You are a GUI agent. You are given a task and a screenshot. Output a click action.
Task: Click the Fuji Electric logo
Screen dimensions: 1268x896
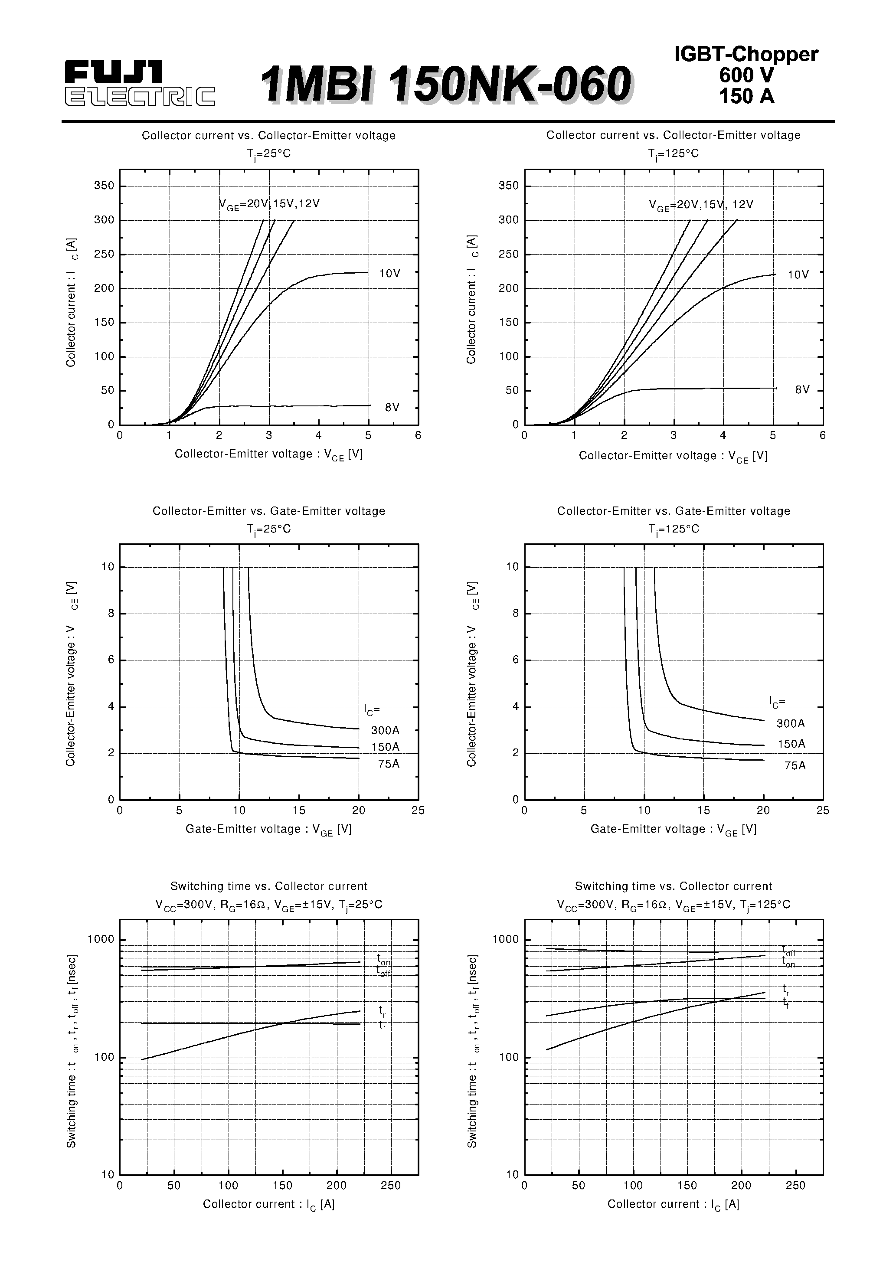pyautogui.click(x=139, y=83)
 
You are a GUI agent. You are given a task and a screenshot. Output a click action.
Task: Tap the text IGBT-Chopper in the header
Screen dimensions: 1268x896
pyautogui.click(x=746, y=54)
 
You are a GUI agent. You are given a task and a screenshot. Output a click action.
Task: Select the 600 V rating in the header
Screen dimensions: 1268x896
pyautogui.click(x=746, y=75)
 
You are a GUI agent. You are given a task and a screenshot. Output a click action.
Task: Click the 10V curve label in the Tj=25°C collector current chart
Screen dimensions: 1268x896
pyautogui.click(x=389, y=273)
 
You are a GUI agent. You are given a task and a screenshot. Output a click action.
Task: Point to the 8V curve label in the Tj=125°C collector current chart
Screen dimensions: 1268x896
pyautogui.click(x=802, y=390)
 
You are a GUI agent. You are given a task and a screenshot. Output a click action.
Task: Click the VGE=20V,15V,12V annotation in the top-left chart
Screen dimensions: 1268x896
pyautogui.click(x=270, y=204)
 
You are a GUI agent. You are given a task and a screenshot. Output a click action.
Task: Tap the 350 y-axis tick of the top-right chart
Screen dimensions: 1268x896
pyautogui.click(x=508, y=186)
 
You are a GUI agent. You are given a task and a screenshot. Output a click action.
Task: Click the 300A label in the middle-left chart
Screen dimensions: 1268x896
pyautogui.click(x=385, y=730)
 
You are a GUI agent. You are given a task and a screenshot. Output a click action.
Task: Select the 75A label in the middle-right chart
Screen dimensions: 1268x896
pyautogui.click(x=795, y=765)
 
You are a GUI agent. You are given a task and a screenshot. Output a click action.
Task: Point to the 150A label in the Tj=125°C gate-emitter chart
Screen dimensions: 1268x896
pyautogui.click(x=791, y=744)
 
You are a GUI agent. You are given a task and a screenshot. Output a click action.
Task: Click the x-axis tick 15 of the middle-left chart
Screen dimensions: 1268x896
pyautogui.click(x=299, y=810)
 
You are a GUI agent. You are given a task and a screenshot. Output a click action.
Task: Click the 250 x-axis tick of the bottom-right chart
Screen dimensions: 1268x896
pyautogui.click(x=795, y=1186)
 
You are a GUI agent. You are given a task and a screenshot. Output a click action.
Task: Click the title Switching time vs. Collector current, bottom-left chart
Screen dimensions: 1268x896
pyautogui.click(x=268, y=886)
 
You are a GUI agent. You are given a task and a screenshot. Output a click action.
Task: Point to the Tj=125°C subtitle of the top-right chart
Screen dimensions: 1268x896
pyautogui.click(x=674, y=154)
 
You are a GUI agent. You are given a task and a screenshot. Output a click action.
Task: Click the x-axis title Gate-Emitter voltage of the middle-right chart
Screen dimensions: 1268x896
pyautogui.click(x=674, y=830)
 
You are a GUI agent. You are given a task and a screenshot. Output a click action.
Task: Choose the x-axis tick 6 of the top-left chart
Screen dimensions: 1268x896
pyautogui.click(x=418, y=435)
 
